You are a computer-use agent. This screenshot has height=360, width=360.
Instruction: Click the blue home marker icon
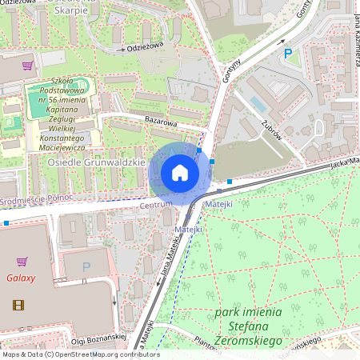point(180,172)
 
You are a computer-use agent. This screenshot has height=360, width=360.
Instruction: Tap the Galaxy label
point(21,278)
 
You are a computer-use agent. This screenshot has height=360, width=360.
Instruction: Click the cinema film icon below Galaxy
point(18,304)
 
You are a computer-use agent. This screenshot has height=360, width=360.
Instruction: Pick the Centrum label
point(156,206)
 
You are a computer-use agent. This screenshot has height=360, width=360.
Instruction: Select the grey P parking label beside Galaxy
point(86,266)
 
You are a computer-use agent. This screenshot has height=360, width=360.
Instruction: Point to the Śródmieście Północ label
point(37,198)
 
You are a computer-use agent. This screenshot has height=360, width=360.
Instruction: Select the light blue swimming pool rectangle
point(258,105)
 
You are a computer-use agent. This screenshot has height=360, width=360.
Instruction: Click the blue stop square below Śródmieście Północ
point(6,223)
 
